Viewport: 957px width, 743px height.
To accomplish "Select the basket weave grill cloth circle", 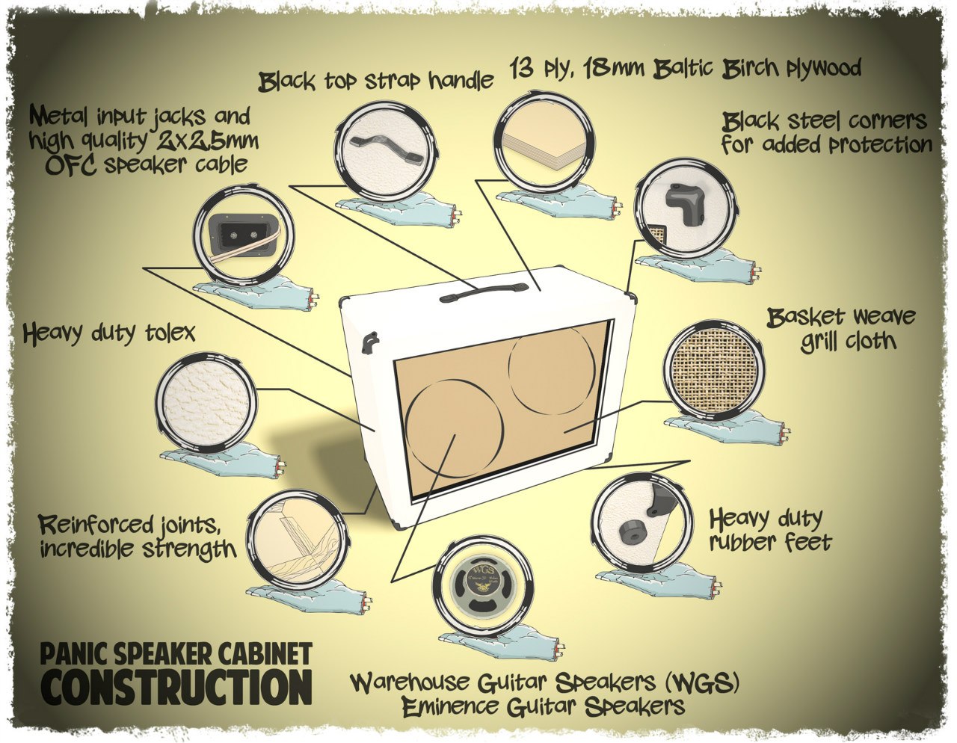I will (713, 370).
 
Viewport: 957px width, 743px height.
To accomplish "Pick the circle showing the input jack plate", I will (243, 238).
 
